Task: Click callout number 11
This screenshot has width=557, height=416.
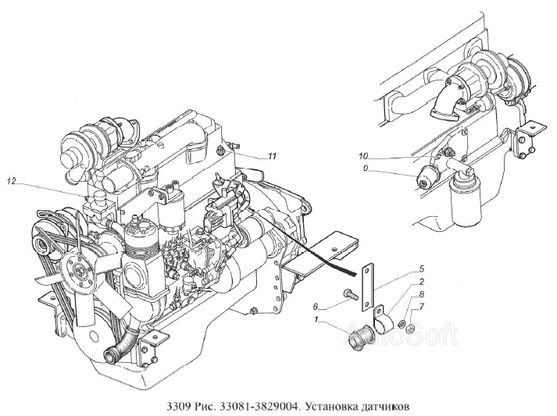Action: [x=272, y=156]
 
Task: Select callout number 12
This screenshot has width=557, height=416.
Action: [x=12, y=181]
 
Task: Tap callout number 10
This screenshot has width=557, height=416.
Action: [x=364, y=156]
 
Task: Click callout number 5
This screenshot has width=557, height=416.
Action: [x=422, y=268]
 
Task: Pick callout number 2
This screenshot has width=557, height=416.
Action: [x=421, y=283]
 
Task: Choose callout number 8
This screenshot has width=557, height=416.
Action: [x=422, y=294]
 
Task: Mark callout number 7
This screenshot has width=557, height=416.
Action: [x=422, y=306]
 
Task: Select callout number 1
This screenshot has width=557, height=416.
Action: [x=316, y=320]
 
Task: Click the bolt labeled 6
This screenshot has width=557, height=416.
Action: [x=348, y=293]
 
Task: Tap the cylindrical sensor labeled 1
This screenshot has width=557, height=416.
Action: [x=360, y=338]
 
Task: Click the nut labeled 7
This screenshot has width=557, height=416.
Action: [x=409, y=329]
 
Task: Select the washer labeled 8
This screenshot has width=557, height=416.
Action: [x=402, y=323]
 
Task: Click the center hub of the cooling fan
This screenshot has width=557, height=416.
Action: [x=79, y=272]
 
